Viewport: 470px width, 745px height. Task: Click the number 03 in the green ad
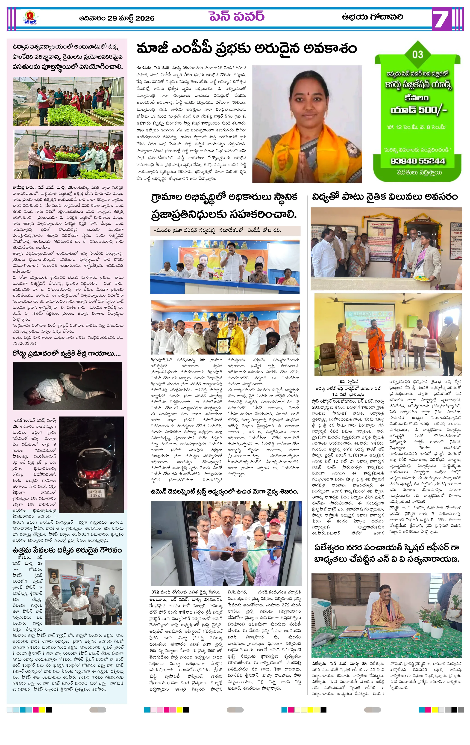click(417, 54)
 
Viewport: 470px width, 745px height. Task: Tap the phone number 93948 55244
click(417, 161)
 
